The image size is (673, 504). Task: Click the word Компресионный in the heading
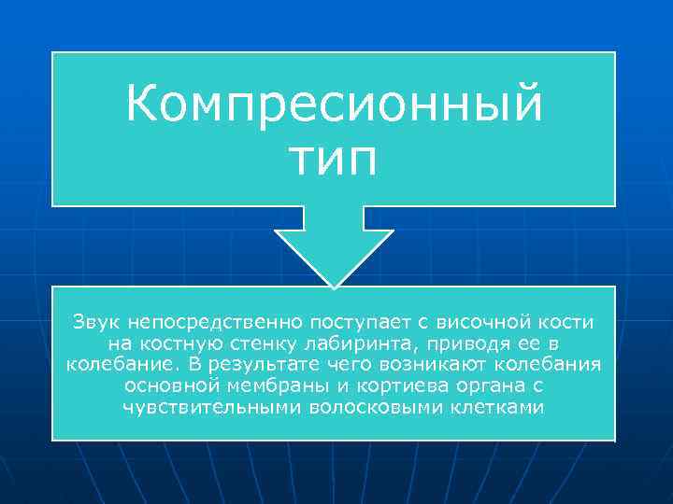coord(334,104)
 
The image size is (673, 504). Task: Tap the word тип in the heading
coord(334,158)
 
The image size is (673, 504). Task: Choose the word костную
coord(174,343)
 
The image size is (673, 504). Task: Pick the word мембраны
coord(263,385)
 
